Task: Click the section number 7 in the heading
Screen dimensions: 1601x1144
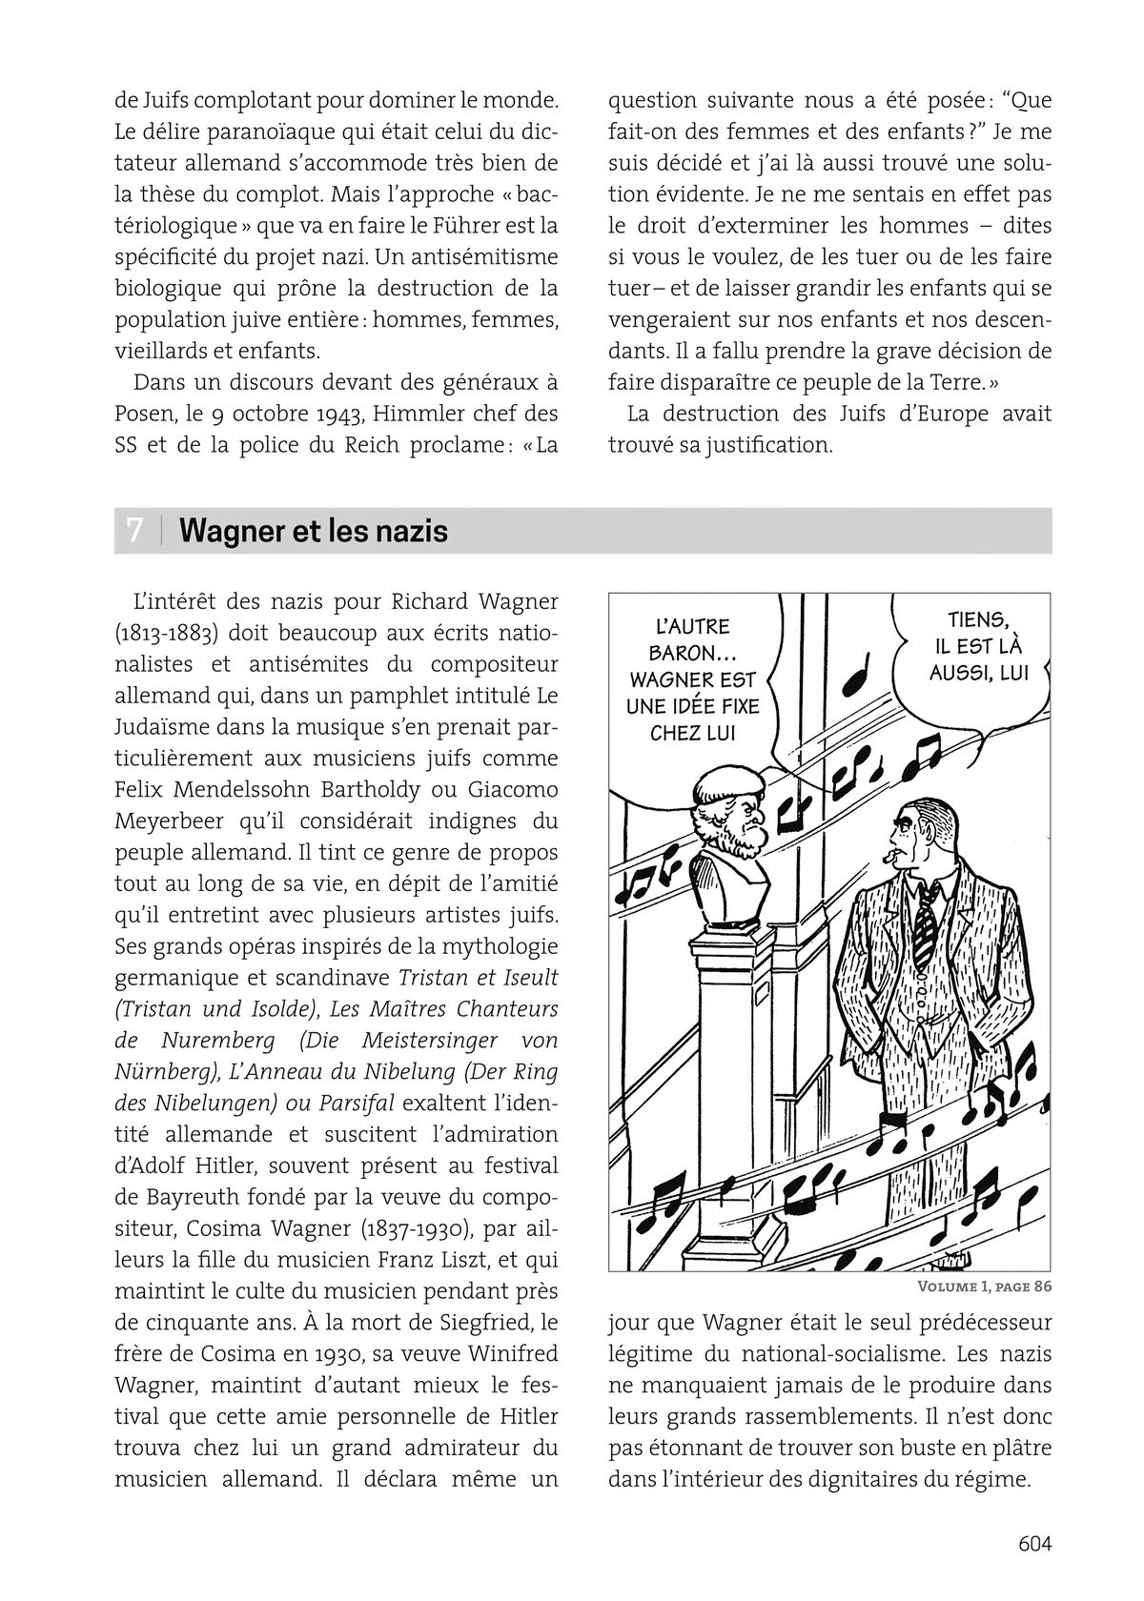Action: click(x=135, y=531)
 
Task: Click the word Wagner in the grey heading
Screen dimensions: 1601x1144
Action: click(x=233, y=531)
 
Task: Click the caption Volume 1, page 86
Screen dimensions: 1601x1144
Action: click(x=983, y=1287)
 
